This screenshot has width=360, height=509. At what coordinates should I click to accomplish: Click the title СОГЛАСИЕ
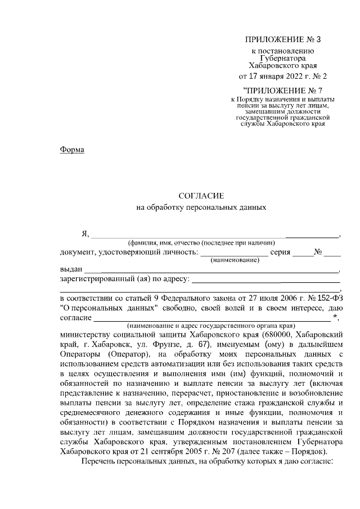201,196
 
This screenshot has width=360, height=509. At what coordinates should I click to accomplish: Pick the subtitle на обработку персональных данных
201,207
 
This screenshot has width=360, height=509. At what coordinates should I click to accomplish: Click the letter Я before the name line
85,234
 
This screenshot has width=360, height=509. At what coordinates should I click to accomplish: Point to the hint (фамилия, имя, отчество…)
200,242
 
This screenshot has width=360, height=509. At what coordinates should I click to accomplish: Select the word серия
280,252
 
